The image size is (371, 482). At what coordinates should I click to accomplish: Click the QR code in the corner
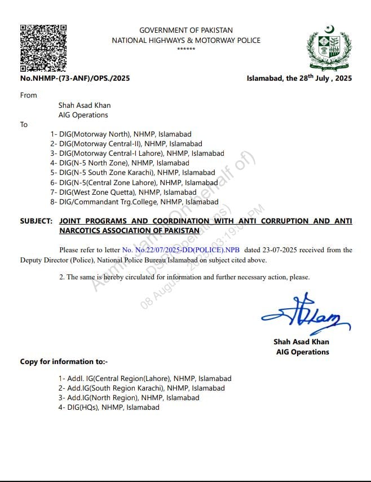click(x=43, y=48)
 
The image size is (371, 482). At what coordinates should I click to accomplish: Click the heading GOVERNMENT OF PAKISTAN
click(x=185, y=30)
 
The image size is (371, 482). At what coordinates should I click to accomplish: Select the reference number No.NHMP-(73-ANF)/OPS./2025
click(x=74, y=78)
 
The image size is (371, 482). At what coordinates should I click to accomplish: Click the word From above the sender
click(x=28, y=95)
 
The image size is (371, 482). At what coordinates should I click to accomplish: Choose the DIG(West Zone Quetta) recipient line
click(x=123, y=192)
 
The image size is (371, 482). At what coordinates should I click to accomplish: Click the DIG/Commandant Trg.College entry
click(x=134, y=201)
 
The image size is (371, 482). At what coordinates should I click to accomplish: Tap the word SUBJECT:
click(x=37, y=221)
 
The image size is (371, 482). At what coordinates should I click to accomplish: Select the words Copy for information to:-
click(x=64, y=361)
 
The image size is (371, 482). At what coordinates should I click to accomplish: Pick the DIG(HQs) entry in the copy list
click(x=109, y=407)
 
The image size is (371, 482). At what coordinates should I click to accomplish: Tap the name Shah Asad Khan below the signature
click(x=301, y=341)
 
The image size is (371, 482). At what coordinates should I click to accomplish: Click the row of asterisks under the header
click(x=185, y=49)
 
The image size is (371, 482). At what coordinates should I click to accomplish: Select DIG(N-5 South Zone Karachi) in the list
click(x=132, y=173)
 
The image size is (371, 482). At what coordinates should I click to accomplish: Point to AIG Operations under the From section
click(x=83, y=115)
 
